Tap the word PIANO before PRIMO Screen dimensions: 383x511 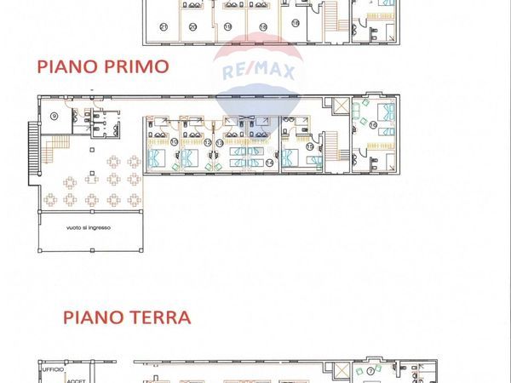pyautogui.click(x=66, y=66)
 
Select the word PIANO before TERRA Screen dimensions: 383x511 pyautogui.click(x=91, y=317)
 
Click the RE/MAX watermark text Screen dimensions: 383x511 pyautogui.click(x=258, y=72)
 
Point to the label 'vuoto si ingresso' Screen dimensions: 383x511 pyautogui.click(x=89, y=228)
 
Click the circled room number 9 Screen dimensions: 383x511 pyautogui.click(x=54, y=115)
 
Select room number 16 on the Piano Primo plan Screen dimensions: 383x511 pyautogui.click(x=373, y=125)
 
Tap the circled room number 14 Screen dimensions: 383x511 pyautogui.click(x=269, y=162)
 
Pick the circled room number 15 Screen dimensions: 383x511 pyautogui.click(x=310, y=146)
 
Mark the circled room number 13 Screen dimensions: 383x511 pyautogui.click(x=219, y=143)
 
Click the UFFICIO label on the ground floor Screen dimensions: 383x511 pyautogui.click(x=53, y=369)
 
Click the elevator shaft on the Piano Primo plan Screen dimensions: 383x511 pyautogui.click(x=342, y=107)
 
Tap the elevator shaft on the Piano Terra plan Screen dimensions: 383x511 pyautogui.click(x=342, y=372)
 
